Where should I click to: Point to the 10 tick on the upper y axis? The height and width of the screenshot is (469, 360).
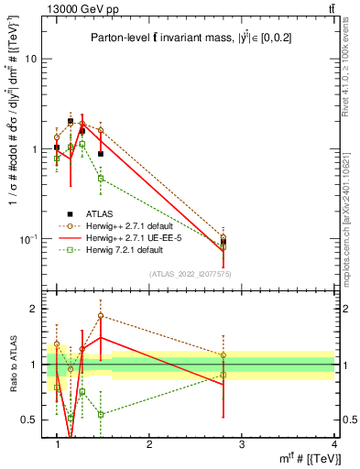pos(31,59)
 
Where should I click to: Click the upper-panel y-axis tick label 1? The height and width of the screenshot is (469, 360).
pos(34,149)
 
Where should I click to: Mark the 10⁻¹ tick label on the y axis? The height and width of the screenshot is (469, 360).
pos(29,239)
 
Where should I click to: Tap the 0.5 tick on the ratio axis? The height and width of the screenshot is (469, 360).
pos(30,420)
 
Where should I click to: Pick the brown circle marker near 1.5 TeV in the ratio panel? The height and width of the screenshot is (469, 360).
pos(101,316)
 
